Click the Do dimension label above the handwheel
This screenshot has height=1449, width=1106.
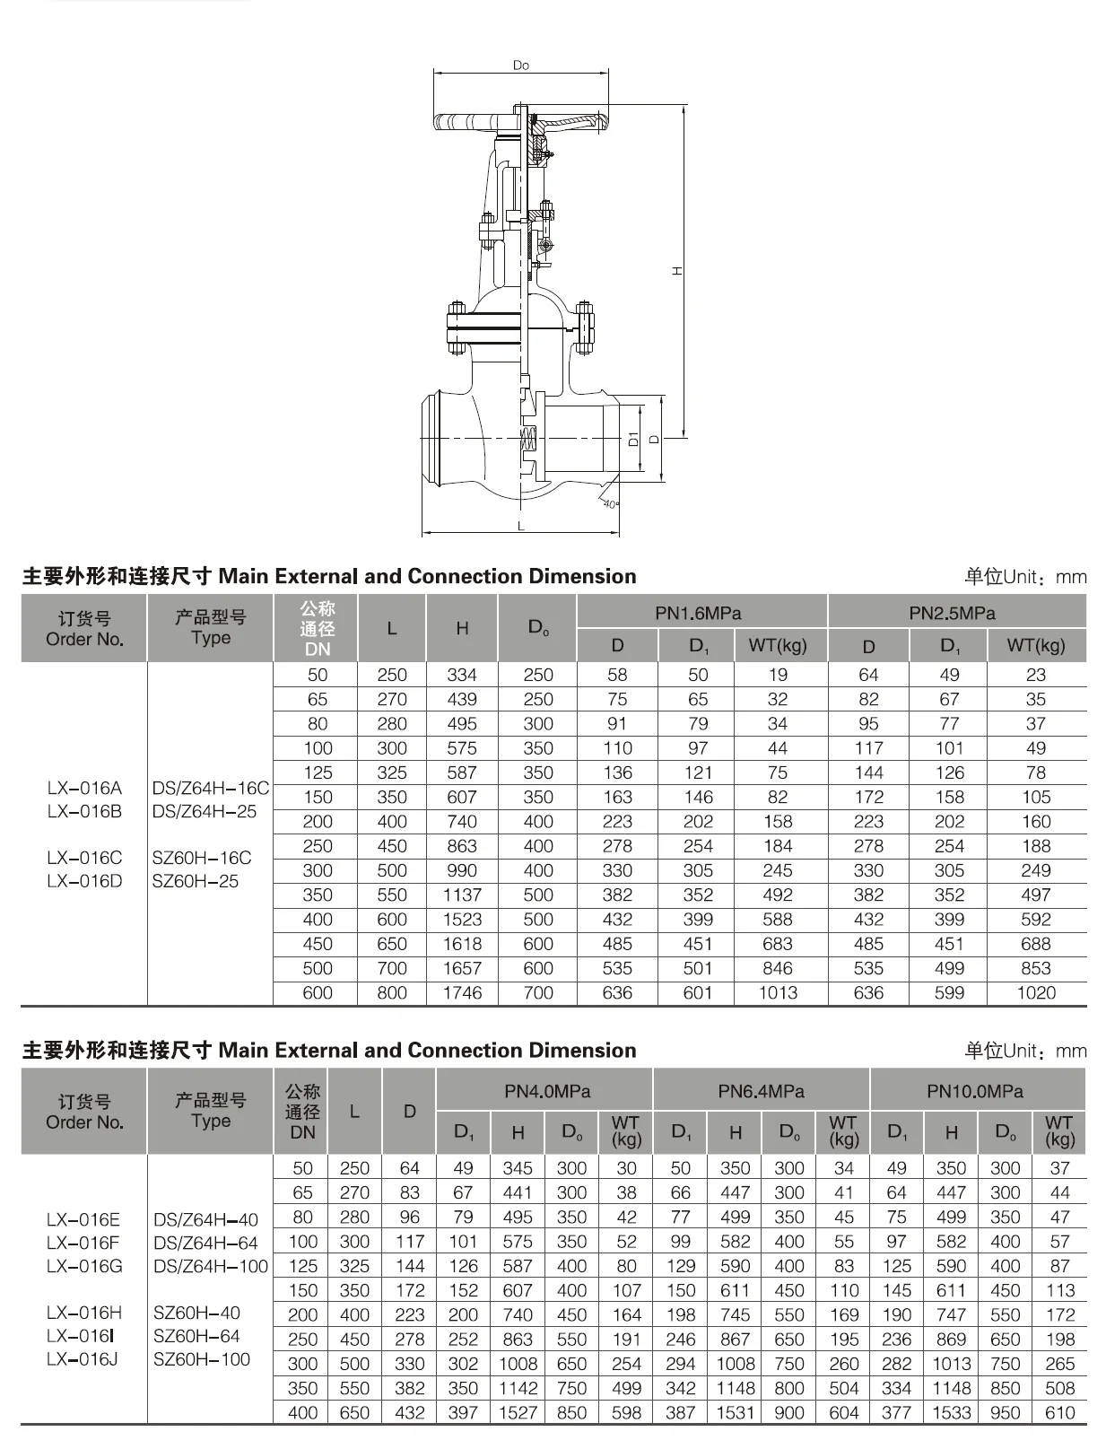(521, 65)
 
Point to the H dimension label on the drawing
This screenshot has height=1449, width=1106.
(678, 270)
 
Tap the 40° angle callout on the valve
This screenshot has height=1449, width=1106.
(610, 504)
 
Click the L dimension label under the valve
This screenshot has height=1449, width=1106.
(520, 527)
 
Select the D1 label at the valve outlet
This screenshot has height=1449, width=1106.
(633, 439)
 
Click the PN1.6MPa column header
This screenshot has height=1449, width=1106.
(698, 614)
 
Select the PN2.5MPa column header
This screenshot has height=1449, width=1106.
(952, 614)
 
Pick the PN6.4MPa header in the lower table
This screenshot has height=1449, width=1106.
(761, 1091)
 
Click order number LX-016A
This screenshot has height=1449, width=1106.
(84, 788)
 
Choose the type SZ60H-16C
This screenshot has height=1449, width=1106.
(202, 858)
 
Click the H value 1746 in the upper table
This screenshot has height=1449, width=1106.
(462, 993)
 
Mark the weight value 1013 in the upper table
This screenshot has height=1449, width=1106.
(777, 993)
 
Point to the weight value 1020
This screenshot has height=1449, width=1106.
(1035, 993)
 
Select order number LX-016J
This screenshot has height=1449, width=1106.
(83, 1359)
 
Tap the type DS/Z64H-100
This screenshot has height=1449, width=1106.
(211, 1266)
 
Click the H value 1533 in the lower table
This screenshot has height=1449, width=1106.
(951, 1413)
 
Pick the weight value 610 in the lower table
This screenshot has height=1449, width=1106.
(1059, 1413)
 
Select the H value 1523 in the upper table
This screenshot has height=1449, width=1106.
(462, 920)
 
